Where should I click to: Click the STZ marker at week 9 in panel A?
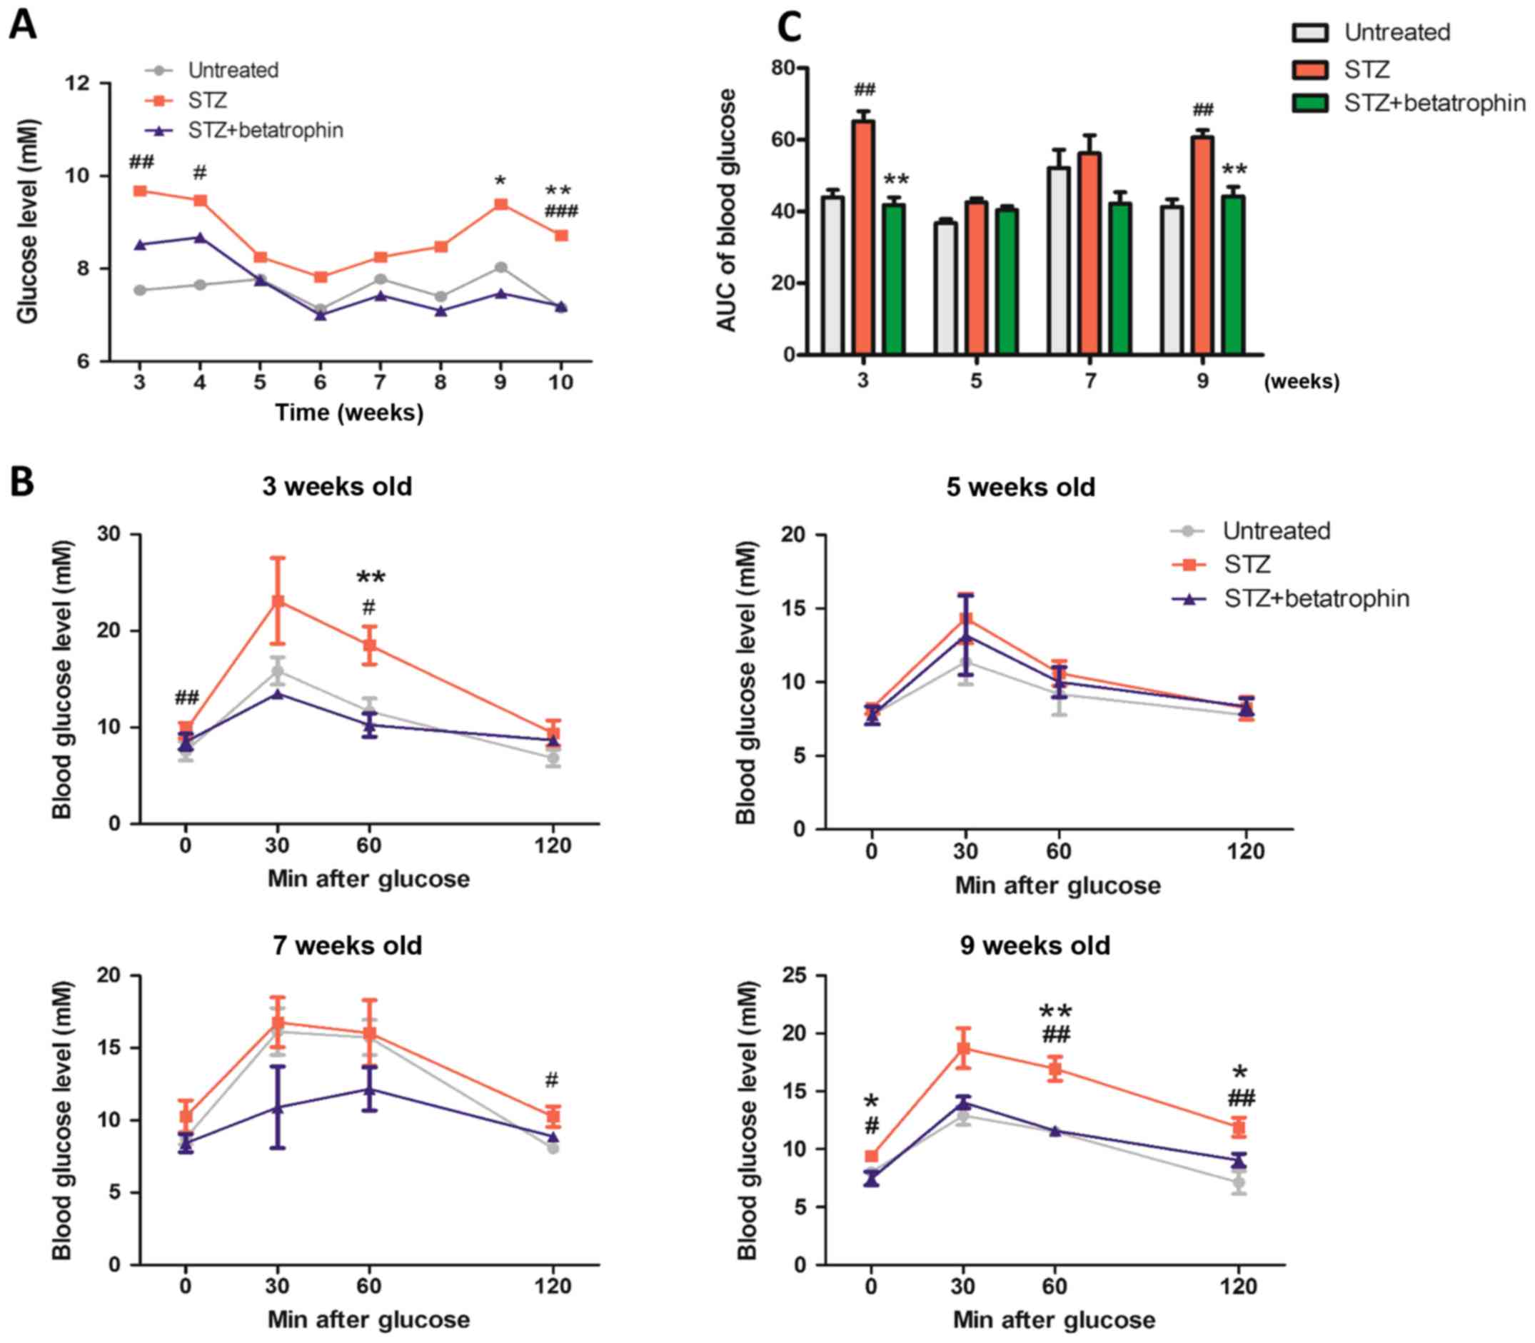pyautogui.click(x=500, y=204)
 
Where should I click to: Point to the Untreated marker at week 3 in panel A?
pyautogui.click(x=139, y=290)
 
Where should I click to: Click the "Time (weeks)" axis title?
pyautogui.click(x=349, y=413)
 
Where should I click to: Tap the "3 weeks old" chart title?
pyautogui.click(x=337, y=487)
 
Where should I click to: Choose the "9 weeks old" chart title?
pyautogui.click(x=1035, y=946)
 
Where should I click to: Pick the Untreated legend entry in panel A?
pyautogui.click(x=232, y=71)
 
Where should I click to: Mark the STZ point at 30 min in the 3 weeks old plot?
pyautogui.click(x=277, y=601)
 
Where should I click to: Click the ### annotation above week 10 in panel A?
pyautogui.click(x=560, y=211)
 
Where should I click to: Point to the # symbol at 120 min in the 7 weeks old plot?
pyautogui.click(x=552, y=1080)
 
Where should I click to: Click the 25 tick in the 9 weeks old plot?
pyautogui.click(x=795, y=976)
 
